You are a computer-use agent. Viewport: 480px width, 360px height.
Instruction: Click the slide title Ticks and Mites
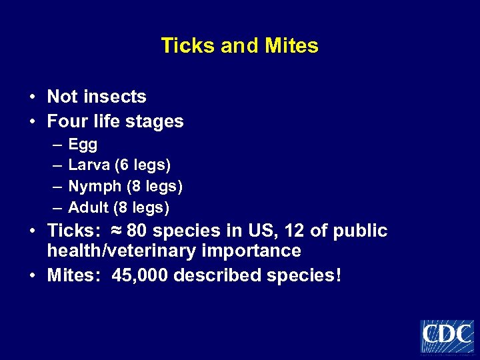point(239,46)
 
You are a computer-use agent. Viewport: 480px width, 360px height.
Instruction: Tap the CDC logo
point(447,336)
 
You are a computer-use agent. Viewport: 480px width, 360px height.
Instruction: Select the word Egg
point(83,145)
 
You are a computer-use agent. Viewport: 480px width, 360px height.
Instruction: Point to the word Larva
point(89,165)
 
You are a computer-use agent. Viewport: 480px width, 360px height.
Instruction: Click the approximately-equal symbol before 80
point(114,231)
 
